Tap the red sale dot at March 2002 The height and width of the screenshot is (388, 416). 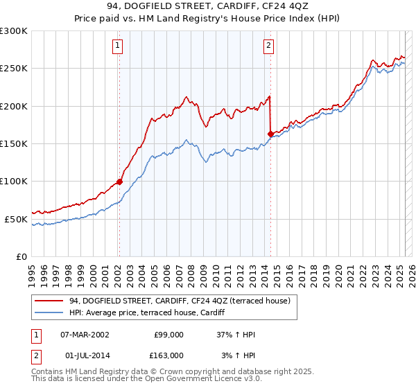pos(119,182)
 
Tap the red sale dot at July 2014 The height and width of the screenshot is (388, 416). pos(270,134)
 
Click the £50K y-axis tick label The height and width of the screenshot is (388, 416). pos(16,219)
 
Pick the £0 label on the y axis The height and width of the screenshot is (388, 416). pos(21,256)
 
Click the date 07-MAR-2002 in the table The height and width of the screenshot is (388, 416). pos(85,335)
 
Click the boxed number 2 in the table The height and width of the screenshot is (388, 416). pos(35,355)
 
